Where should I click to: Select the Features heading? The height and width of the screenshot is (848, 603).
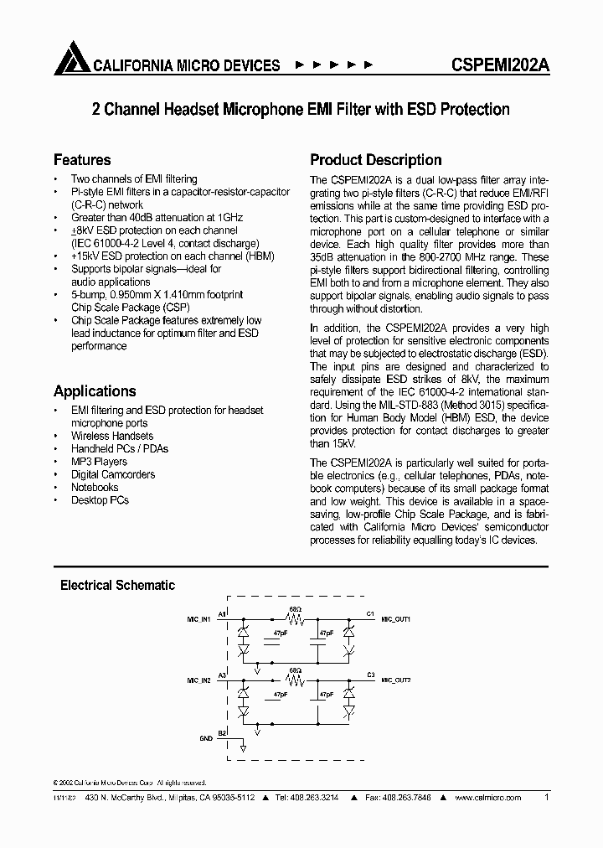point(82,160)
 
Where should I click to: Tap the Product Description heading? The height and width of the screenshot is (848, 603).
point(376,160)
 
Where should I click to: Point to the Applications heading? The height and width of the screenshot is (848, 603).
point(95,391)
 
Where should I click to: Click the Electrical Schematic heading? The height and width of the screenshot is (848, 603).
point(117,586)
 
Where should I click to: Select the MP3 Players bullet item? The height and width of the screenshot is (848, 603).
point(99,462)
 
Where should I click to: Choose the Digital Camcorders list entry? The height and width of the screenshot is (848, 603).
point(112,474)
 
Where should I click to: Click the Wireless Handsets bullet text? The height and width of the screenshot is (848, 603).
point(112,436)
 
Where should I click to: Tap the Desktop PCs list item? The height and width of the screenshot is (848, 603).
point(100,500)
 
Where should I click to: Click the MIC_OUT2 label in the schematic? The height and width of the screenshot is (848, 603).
point(396,680)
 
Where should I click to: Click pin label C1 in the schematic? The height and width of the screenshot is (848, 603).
point(370,613)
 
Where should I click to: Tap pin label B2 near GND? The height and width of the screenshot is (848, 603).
point(223,733)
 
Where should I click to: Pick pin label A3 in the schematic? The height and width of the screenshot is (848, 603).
point(223,674)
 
